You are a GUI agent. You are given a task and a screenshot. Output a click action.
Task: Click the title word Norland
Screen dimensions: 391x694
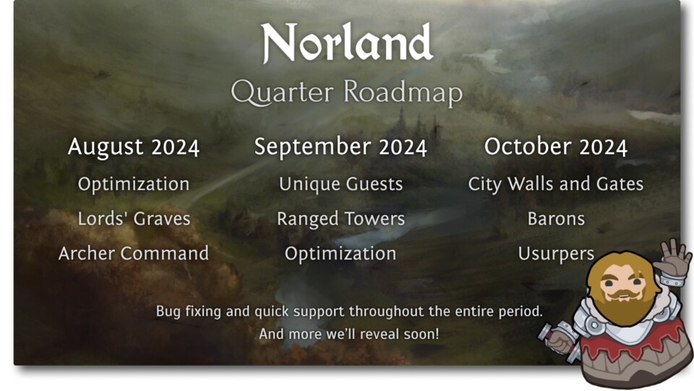[x=347, y=43]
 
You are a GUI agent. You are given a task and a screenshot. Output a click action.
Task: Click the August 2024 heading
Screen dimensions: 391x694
[x=134, y=147]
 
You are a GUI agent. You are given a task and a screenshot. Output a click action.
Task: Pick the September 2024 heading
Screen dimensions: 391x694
[x=340, y=147]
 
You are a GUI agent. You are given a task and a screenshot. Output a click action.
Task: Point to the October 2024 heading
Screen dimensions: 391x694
[x=555, y=147]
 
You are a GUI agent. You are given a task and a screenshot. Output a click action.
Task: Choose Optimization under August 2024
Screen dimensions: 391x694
[x=134, y=184]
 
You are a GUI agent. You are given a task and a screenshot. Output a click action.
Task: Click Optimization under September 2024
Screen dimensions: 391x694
[x=340, y=254]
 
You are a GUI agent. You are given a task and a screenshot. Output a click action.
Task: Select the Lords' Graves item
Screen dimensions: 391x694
[x=134, y=219]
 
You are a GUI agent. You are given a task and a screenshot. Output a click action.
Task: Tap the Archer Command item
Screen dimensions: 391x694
[x=134, y=253]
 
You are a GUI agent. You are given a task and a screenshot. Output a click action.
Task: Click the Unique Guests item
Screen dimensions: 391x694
[x=340, y=184]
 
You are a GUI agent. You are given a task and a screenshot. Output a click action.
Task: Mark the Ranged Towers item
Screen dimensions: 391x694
[x=340, y=219]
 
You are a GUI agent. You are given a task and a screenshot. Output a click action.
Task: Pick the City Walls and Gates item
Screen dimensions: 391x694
[x=555, y=184]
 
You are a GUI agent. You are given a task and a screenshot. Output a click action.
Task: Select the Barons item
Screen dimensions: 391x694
[x=555, y=219]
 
